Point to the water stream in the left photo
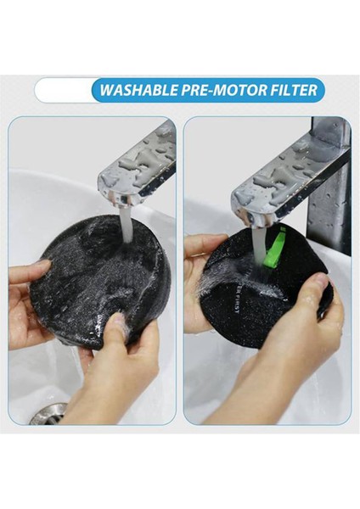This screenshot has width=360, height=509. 126,225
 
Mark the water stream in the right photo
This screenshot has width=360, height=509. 258,246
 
